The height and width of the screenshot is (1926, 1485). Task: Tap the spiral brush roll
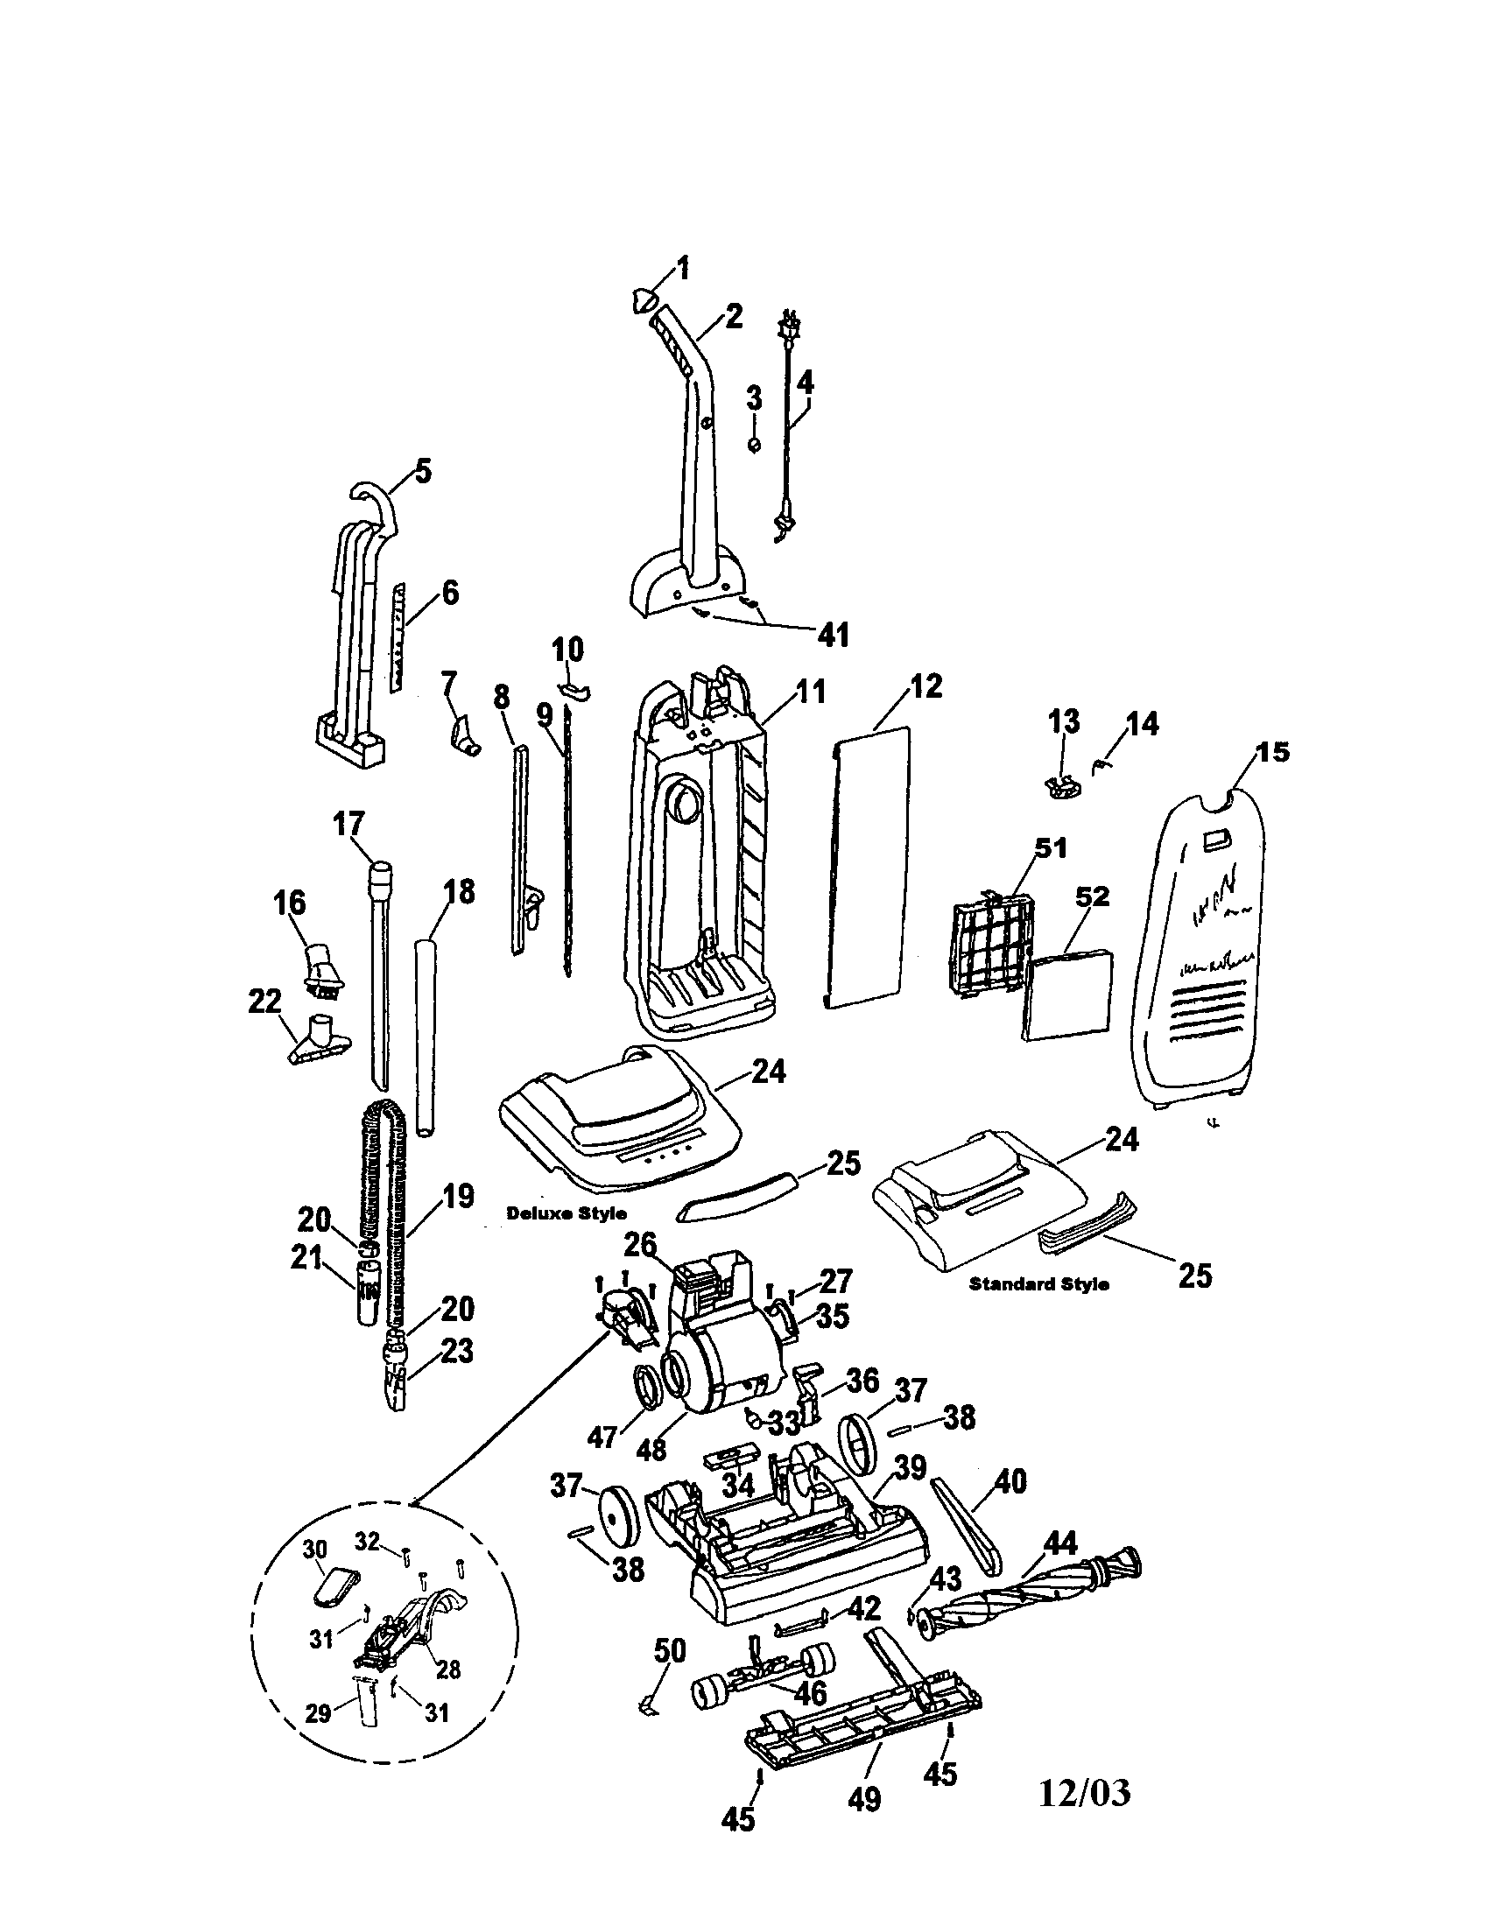[1027, 1595]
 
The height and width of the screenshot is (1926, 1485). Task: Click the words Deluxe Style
[567, 1213]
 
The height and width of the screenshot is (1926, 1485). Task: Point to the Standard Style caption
[1038, 1284]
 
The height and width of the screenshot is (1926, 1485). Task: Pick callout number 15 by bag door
[1274, 752]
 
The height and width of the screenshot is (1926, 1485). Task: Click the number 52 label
[1092, 896]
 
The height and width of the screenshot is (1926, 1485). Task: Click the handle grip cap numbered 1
[644, 300]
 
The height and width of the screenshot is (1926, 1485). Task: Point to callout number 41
[834, 633]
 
